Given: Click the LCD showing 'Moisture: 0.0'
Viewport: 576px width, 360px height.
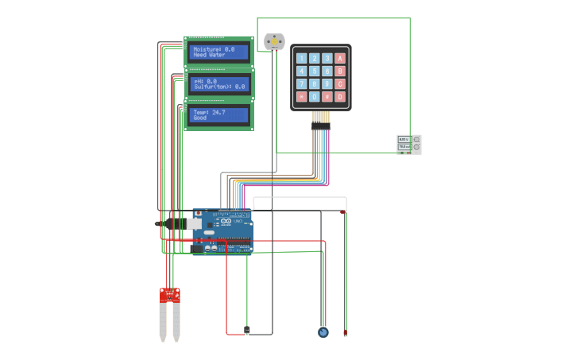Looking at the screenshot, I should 219,52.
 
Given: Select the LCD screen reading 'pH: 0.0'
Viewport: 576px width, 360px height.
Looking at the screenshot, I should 219,84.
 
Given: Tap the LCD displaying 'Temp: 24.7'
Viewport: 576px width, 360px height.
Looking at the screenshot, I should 219,115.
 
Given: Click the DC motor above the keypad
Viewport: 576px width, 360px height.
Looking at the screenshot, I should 273,41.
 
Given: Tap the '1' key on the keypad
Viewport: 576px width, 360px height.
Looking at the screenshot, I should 301,58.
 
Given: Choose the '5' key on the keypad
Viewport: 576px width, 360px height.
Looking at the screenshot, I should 314,71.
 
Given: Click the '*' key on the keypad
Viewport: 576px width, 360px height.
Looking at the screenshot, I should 301,97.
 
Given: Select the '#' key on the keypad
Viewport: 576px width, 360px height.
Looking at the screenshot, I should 327,97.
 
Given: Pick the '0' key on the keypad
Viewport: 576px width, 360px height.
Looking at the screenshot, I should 314,97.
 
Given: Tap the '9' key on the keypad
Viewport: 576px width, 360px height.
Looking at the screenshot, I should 327,84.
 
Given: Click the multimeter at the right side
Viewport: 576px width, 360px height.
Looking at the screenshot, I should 409,144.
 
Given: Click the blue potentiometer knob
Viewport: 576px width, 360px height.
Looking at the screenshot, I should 323,332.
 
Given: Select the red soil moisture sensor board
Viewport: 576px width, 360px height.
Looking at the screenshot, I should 169,295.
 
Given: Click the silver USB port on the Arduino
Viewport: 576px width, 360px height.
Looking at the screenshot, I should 193,224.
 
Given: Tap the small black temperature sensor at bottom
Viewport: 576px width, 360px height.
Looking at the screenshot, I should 246,330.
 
